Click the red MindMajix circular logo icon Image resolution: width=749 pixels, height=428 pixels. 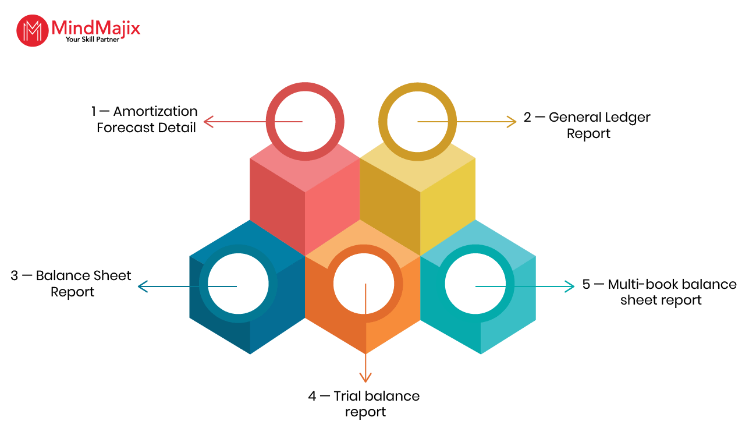[33, 30]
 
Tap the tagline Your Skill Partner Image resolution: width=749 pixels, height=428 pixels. [93, 40]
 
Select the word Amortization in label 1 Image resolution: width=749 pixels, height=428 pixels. [155, 111]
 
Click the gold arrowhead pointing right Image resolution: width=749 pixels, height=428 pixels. [512, 122]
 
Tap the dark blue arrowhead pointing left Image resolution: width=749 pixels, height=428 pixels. [143, 286]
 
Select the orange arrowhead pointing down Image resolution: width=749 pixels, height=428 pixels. [365, 377]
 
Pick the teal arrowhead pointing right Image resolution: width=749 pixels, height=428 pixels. [569, 286]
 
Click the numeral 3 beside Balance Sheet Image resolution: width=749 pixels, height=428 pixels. [14, 276]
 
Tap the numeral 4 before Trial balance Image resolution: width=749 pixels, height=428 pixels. [312, 396]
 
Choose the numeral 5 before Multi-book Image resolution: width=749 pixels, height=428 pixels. [586, 284]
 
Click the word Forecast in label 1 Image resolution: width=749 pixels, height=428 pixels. [125, 128]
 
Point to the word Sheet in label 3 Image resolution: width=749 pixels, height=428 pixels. [112, 276]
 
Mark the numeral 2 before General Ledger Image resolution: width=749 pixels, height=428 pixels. [527, 118]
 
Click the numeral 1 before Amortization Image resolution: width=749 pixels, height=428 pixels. [94, 111]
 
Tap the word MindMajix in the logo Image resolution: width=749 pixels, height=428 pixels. [96, 28]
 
